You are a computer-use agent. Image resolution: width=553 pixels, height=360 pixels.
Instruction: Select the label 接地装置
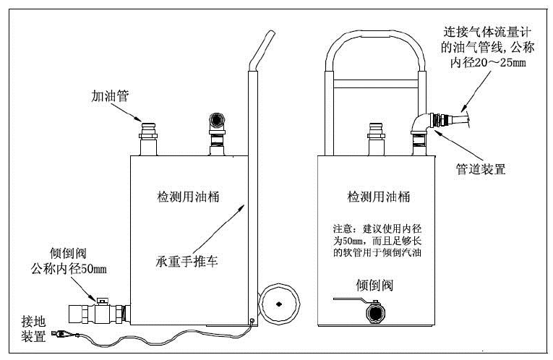click(x=33, y=330)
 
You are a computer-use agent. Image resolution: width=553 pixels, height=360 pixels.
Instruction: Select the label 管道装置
click(x=479, y=168)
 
